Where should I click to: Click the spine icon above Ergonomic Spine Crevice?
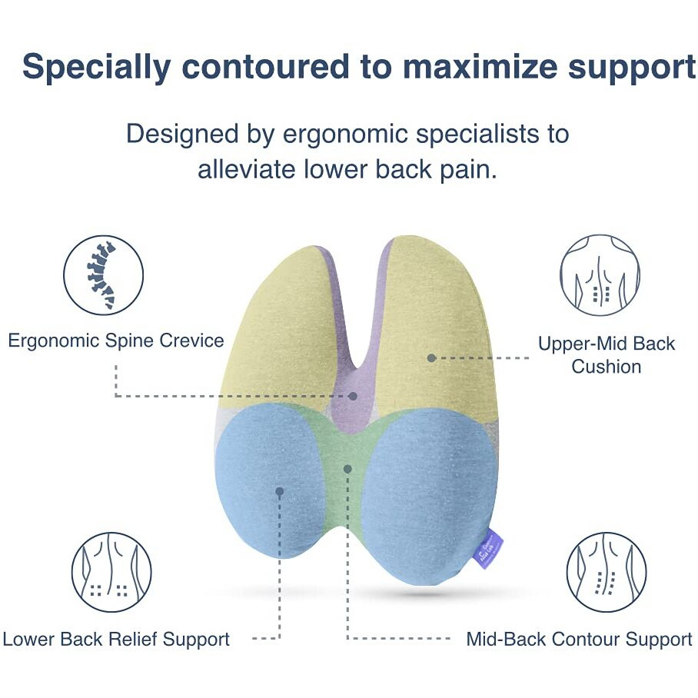[x=103, y=274]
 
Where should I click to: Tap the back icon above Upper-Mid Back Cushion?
[x=600, y=274]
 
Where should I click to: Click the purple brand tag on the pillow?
[x=494, y=547]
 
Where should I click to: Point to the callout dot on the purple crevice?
[x=353, y=397]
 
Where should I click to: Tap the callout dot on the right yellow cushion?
[x=432, y=358]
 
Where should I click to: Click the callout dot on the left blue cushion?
[x=280, y=490]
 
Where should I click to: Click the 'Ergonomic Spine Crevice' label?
[x=116, y=341]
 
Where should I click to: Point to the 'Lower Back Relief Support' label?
[x=116, y=639]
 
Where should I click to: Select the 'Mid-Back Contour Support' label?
[x=579, y=639]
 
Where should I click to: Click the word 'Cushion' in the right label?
[x=606, y=367]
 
